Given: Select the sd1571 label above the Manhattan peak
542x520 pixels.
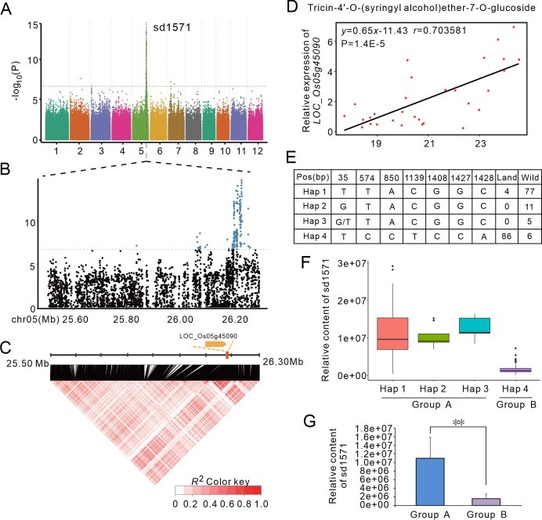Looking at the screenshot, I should [168, 27].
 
